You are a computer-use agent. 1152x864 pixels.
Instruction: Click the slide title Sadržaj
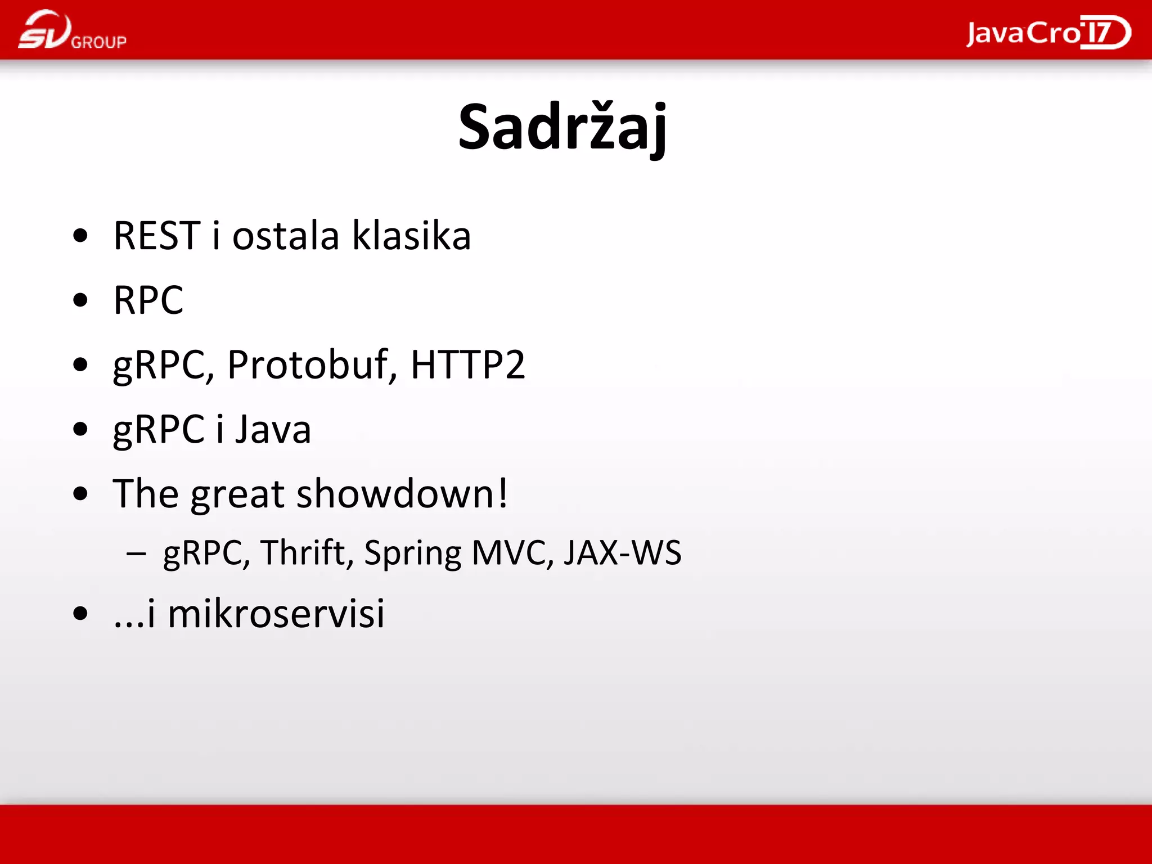(x=562, y=127)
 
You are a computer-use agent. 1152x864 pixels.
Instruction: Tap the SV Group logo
(x=72, y=30)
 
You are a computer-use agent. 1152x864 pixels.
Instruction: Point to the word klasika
(x=411, y=235)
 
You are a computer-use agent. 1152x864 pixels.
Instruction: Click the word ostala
(x=286, y=235)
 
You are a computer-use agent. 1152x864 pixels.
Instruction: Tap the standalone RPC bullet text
(x=148, y=300)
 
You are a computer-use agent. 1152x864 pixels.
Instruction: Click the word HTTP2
(x=468, y=364)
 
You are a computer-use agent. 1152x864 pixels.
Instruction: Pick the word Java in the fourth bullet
(x=273, y=429)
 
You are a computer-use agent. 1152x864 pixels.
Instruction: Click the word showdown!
(x=402, y=493)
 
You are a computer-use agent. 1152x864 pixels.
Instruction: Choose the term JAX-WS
(x=623, y=552)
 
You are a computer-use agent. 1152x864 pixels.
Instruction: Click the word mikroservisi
(x=276, y=613)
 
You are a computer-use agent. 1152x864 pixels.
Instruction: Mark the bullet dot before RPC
(x=80, y=300)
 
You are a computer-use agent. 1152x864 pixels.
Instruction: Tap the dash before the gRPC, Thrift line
(x=136, y=553)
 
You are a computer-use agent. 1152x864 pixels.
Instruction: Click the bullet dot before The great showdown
(x=80, y=494)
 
